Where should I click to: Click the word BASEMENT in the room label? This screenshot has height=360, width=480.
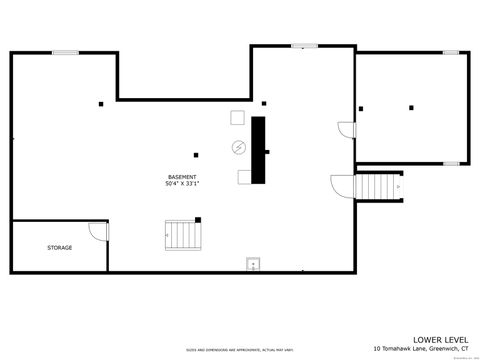181,177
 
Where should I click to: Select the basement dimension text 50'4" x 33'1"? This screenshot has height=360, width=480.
181,184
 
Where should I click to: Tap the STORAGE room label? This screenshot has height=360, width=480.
59,247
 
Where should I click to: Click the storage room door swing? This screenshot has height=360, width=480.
97,231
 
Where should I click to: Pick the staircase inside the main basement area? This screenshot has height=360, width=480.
182,236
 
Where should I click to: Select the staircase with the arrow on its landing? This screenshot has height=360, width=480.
379,186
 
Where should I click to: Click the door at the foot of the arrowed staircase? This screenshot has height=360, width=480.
341,187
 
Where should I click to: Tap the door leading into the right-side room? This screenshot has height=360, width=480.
346,129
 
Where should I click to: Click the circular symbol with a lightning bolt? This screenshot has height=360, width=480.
239,147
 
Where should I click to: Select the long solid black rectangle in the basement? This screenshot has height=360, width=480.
258,150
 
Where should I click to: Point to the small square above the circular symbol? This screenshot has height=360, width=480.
237,117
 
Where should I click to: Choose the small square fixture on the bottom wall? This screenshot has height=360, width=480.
252,265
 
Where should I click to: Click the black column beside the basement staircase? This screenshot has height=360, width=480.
198,219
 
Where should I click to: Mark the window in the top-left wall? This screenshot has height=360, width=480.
66,53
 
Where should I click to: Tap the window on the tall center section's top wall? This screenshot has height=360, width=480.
303,44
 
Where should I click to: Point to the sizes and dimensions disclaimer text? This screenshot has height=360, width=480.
239,350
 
